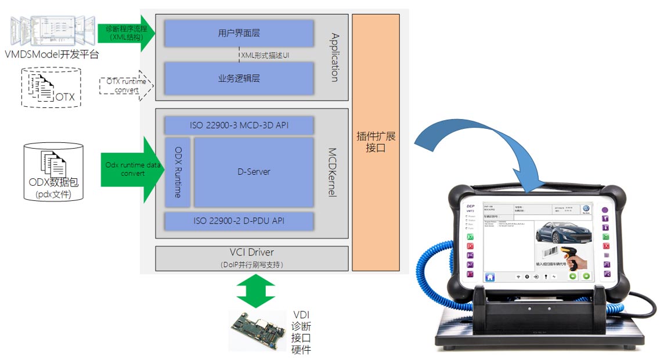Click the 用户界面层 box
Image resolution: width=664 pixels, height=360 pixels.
tap(239, 33)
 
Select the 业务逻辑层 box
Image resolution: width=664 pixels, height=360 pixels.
tap(239, 78)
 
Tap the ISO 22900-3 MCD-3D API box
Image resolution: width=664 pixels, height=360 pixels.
tap(239, 125)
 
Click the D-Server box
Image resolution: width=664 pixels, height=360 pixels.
tap(254, 172)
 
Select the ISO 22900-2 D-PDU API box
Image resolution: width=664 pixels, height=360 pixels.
tap(239, 220)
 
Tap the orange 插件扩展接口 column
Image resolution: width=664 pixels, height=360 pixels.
tap(376, 142)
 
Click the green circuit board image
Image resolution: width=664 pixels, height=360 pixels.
tap(259, 329)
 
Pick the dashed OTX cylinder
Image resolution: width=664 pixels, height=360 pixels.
tap(51, 88)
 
